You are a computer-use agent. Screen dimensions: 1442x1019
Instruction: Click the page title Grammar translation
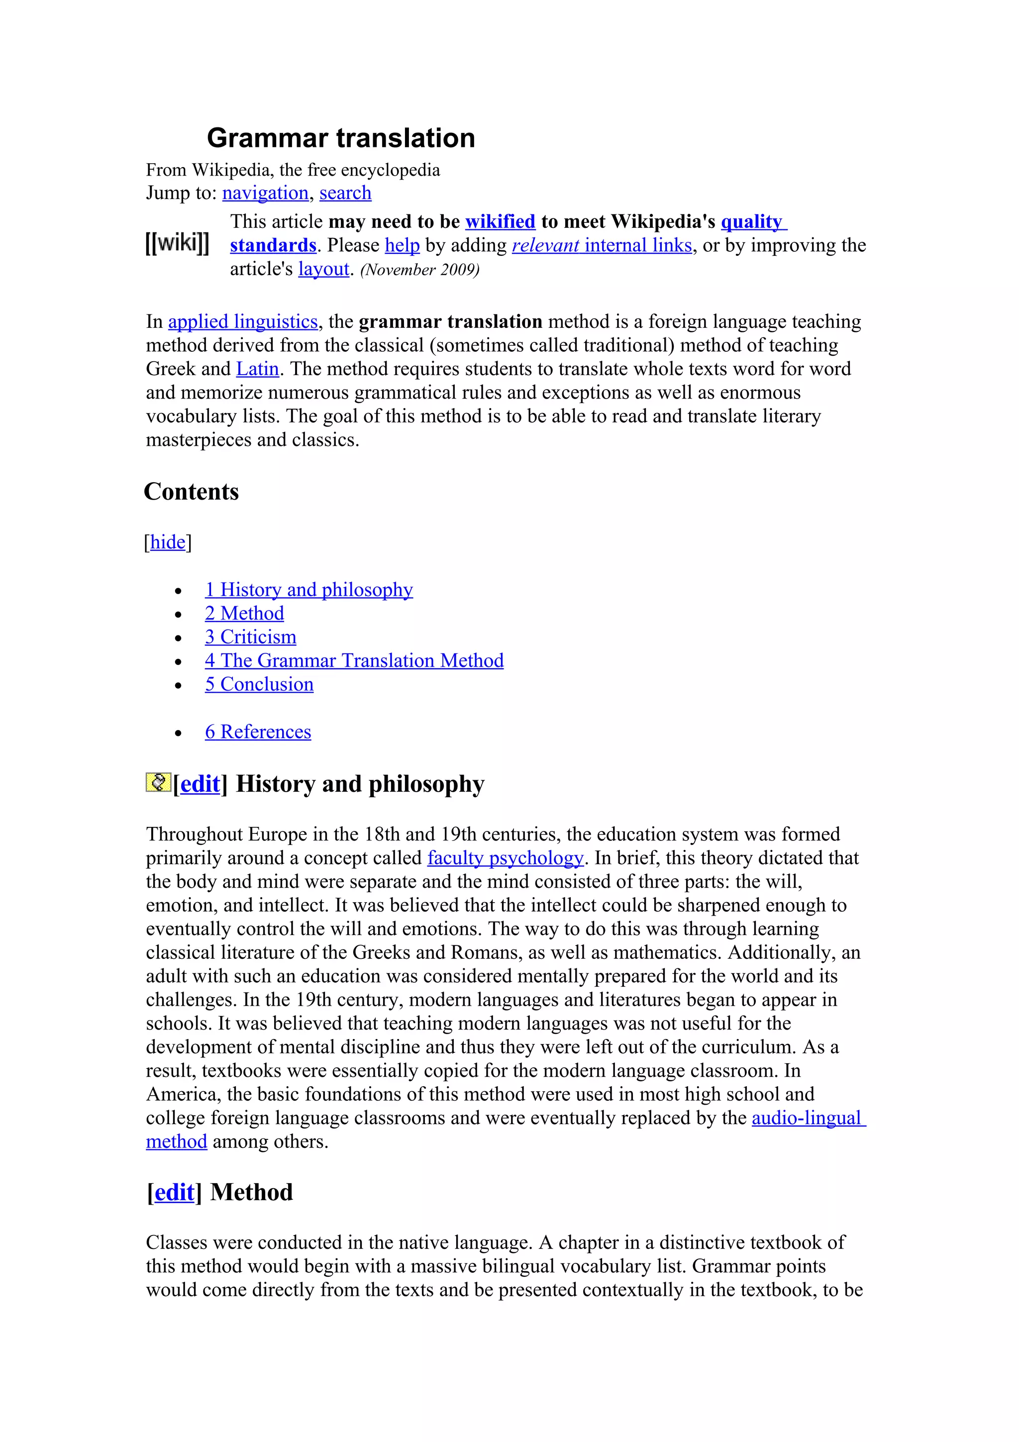tap(340, 138)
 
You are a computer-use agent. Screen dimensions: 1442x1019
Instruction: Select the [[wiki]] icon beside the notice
tap(177, 242)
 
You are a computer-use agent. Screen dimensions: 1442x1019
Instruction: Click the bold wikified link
tap(500, 222)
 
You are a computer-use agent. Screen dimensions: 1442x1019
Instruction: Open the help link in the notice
tap(402, 246)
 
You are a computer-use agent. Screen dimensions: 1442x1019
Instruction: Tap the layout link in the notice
tap(323, 269)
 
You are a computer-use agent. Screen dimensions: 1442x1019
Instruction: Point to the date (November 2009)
tap(420, 270)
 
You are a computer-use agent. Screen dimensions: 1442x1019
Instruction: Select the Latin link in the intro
tap(257, 369)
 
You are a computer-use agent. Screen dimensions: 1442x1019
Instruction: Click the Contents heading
tap(192, 492)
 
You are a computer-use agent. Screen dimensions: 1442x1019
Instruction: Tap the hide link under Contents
tap(168, 542)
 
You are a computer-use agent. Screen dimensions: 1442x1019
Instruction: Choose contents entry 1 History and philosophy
tap(309, 590)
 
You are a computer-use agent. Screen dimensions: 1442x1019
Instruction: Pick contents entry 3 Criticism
tap(250, 637)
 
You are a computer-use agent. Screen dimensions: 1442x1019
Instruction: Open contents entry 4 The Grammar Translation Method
tap(354, 661)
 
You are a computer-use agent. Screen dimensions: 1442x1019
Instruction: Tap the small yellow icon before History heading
tap(158, 782)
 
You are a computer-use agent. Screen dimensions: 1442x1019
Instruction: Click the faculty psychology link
tap(506, 858)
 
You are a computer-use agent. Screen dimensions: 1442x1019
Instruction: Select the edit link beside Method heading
tap(174, 1192)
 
